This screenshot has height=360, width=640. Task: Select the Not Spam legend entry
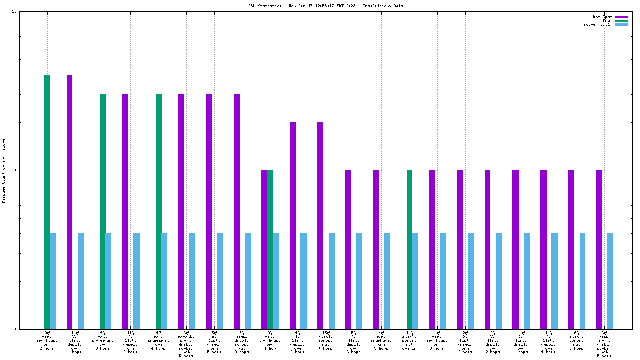[602, 17]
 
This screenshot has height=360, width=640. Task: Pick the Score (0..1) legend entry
[598, 24]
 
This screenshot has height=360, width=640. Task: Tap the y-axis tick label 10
[14, 11]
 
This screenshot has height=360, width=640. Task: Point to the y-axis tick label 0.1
[13, 329]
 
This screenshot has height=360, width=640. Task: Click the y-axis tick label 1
[15, 170]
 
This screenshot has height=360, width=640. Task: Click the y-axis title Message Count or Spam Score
[4, 170]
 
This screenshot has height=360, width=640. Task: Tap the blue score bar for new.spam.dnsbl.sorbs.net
[610, 281]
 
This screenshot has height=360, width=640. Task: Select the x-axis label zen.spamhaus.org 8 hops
[437, 340]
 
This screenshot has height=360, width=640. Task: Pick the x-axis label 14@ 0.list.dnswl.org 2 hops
[130, 342]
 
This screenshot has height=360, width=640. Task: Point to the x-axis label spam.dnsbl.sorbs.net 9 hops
[242, 342]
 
